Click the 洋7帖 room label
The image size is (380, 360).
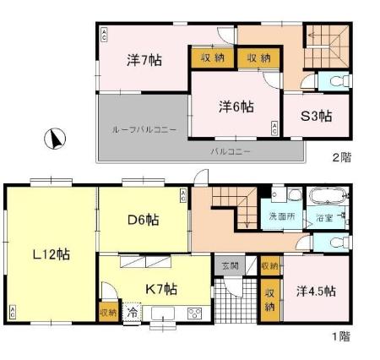click(144, 60)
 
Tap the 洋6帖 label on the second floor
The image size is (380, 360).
click(236, 106)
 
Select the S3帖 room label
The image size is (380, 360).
click(316, 117)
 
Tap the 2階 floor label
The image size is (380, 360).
click(340, 156)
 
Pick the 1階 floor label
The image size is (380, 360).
click(339, 335)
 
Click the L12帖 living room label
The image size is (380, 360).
click(52, 254)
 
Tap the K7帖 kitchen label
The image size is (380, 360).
click(159, 288)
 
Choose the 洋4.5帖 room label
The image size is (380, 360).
click(316, 291)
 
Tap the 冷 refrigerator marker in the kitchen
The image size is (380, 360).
click(132, 311)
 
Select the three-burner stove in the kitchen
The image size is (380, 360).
click(195, 313)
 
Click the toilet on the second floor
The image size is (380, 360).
click(338, 83)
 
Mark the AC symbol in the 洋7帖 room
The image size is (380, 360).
click(105, 35)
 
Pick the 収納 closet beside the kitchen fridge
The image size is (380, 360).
click(108, 313)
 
